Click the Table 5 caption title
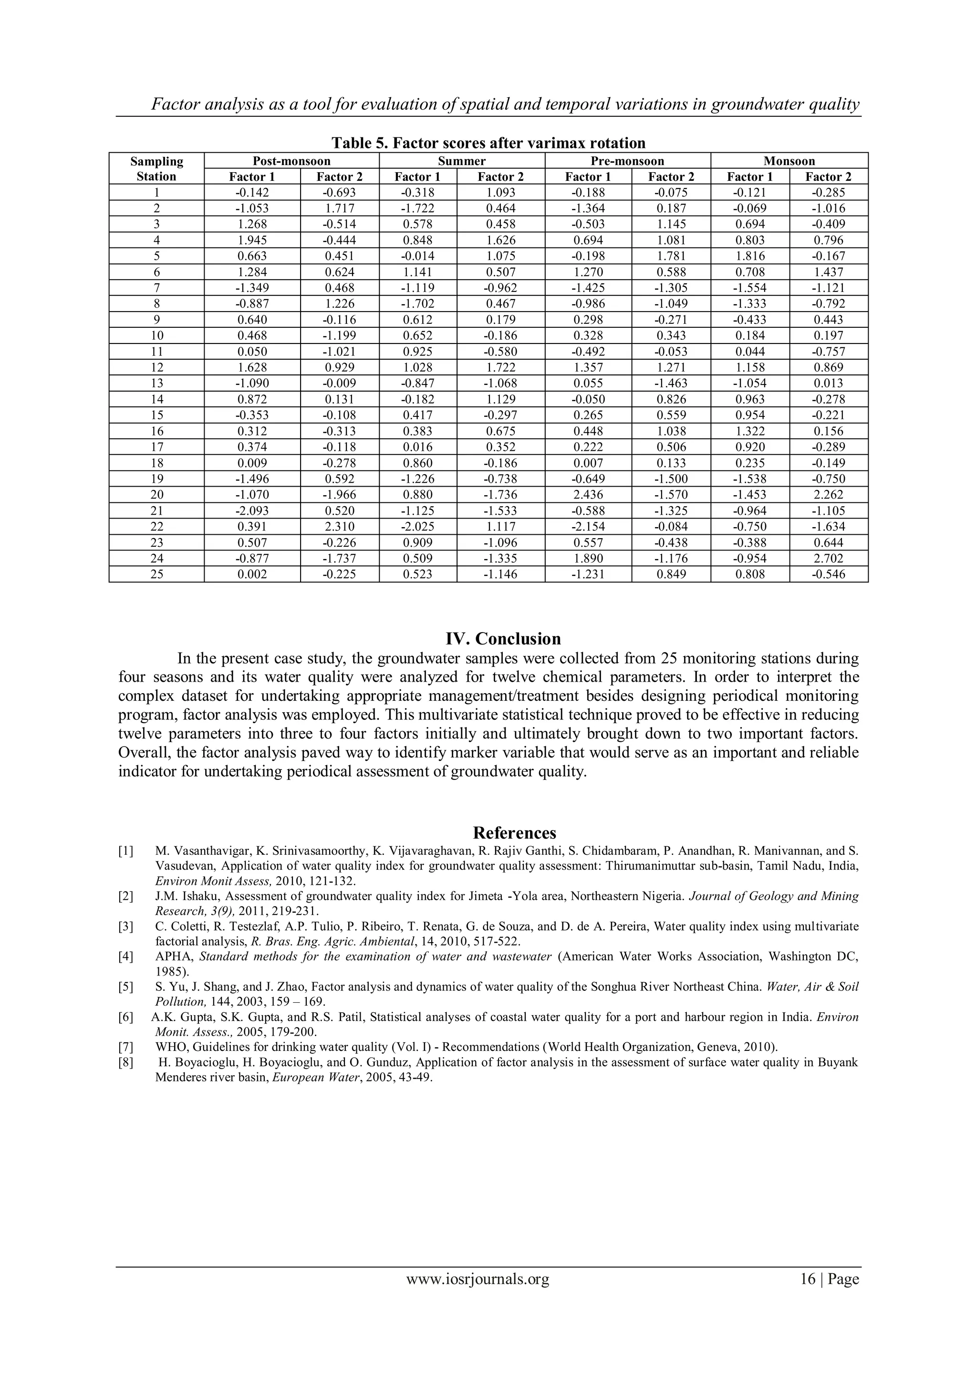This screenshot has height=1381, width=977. coord(488,143)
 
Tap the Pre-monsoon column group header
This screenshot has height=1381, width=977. coord(627,161)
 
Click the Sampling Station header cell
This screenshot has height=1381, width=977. coord(156,169)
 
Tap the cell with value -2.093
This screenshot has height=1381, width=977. coord(252,510)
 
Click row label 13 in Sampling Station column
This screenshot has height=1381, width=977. coord(156,384)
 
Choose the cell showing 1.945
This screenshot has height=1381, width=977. coord(252,240)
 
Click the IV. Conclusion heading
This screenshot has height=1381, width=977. coord(503,639)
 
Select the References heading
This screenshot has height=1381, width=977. coord(514,833)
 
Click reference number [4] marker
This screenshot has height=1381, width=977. coord(126,956)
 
